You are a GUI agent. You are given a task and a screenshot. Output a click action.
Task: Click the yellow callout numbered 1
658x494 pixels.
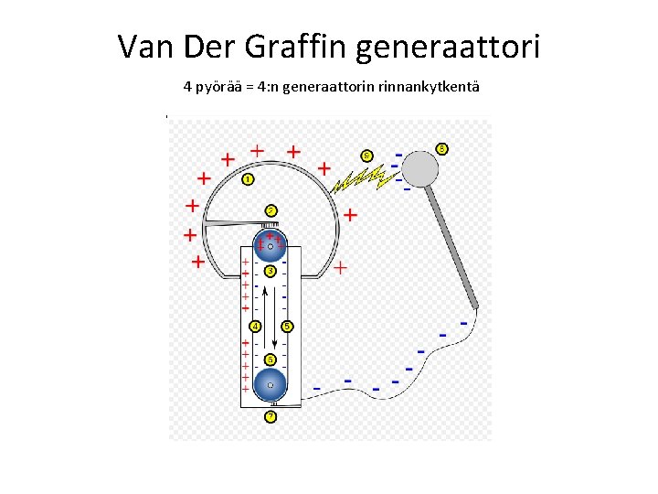[x=248, y=179]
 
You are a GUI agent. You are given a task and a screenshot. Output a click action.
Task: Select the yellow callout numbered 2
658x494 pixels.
[x=271, y=210]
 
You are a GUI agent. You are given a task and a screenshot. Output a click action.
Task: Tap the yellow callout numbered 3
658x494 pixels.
[x=271, y=271]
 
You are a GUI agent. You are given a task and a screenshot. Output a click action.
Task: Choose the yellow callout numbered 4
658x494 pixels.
[x=255, y=326]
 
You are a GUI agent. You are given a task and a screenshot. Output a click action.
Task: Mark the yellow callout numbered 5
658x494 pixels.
[x=287, y=326]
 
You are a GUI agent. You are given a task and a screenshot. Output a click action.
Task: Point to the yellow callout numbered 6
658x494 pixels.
[x=271, y=360]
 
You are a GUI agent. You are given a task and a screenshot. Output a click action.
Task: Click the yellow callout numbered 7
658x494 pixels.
[x=271, y=417]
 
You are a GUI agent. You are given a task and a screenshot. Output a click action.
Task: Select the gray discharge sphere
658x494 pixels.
[x=420, y=168]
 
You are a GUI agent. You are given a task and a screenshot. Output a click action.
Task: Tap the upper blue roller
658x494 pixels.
[x=271, y=245]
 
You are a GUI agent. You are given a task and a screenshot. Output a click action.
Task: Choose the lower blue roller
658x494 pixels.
[x=271, y=385]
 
